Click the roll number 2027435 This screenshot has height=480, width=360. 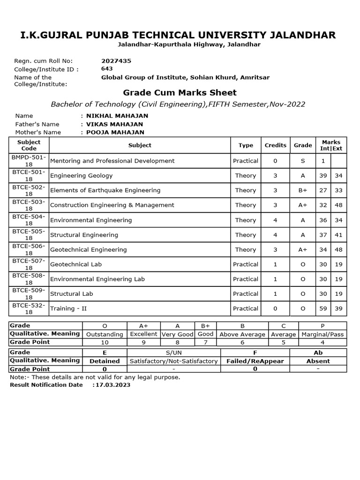click(x=116, y=61)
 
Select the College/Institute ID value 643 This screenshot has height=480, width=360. click(x=107, y=69)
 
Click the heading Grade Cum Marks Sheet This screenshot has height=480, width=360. click(x=180, y=93)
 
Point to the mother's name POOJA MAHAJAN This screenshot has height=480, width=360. click(x=115, y=133)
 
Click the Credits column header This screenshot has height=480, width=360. click(x=275, y=145)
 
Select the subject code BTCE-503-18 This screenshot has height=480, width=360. click(x=29, y=205)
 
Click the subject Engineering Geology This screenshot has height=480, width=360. click(x=81, y=176)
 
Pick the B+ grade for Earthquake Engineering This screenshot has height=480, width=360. click(x=303, y=190)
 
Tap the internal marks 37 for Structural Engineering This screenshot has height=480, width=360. click(x=323, y=235)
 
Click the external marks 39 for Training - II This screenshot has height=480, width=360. click(x=338, y=308)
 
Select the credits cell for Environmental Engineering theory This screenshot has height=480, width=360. click(x=275, y=220)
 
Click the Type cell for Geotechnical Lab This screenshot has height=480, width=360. click(x=246, y=264)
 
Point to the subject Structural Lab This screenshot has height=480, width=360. click(x=71, y=294)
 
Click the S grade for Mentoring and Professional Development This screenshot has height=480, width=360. click(x=303, y=161)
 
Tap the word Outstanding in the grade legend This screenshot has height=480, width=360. click(x=105, y=334)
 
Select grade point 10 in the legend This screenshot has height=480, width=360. click(x=105, y=343)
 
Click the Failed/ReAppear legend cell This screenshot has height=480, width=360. click(x=255, y=361)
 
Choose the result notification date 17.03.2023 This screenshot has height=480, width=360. click(x=112, y=385)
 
